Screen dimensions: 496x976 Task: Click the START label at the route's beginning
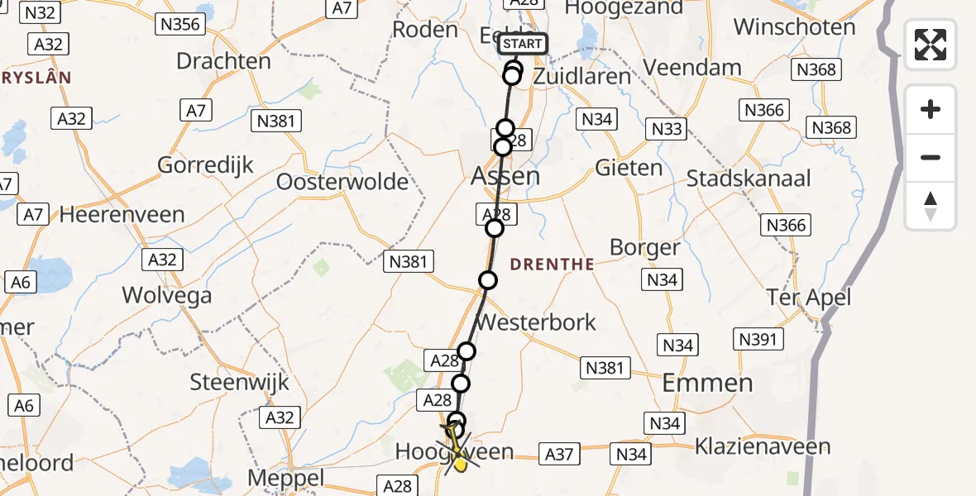pyautogui.click(x=524, y=44)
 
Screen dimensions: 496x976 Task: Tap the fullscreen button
pyautogui.click(x=931, y=45)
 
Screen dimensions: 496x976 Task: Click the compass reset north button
pyautogui.click(x=931, y=206)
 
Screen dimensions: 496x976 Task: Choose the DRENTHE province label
pyautogui.click(x=553, y=265)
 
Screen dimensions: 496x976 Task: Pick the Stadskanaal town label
pyautogui.click(x=749, y=179)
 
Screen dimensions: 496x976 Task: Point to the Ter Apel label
pyautogui.click(x=808, y=297)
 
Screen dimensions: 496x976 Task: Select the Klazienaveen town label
pyautogui.click(x=762, y=447)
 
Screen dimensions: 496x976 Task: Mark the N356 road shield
pyautogui.click(x=180, y=24)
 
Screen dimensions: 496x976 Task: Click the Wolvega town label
pyautogui.click(x=166, y=295)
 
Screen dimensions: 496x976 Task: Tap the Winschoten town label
pyautogui.click(x=794, y=27)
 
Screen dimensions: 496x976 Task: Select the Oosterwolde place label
pyautogui.click(x=342, y=182)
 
